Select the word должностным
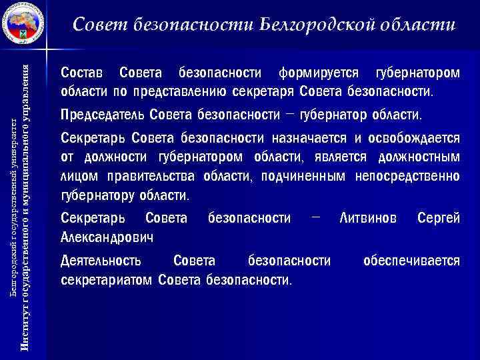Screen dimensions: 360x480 419,158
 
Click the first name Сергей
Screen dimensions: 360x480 438,218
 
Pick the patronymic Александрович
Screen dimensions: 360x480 107,237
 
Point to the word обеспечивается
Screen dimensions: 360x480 411,260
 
